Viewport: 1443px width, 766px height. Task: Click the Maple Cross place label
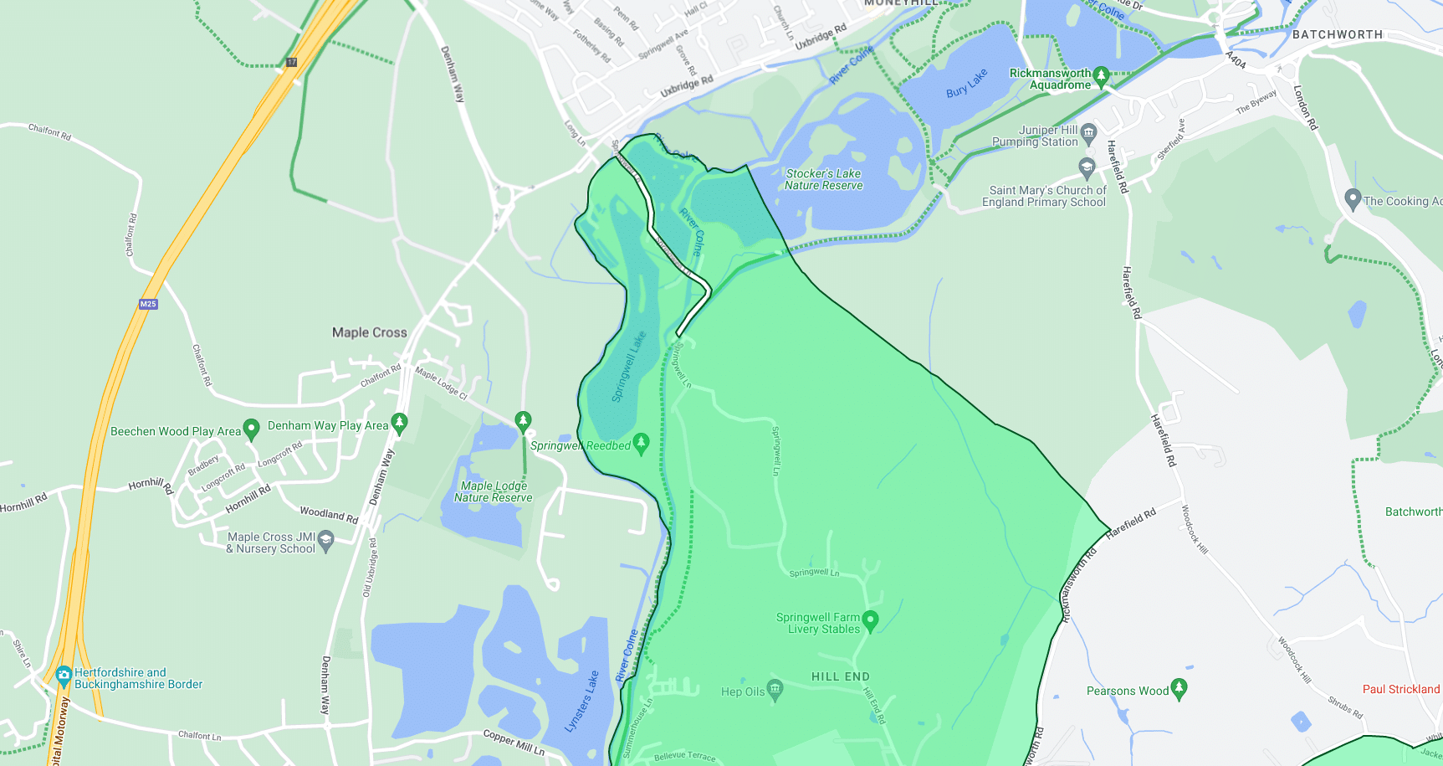tap(369, 332)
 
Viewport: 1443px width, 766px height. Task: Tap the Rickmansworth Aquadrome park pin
tap(1101, 76)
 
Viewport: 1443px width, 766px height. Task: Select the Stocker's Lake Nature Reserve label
tap(823, 179)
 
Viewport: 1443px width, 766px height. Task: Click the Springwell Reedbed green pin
tap(642, 443)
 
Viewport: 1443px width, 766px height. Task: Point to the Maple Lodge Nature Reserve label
tap(494, 491)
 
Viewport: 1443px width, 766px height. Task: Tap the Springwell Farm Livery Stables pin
tap(870, 619)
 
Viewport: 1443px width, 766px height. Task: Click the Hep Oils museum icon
tap(775, 690)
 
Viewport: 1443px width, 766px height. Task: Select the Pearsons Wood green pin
tap(1179, 688)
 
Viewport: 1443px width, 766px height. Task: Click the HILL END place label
tap(840, 676)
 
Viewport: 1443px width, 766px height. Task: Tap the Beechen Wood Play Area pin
tap(251, 430)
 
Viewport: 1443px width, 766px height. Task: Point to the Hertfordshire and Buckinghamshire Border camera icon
tap(64, 676)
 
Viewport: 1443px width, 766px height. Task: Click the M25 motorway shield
tap(148, 304)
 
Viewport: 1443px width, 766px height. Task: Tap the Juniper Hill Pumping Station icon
tap(1088, 131)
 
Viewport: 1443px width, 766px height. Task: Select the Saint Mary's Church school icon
tap(1087, 167)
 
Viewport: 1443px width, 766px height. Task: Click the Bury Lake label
tap(966, 84)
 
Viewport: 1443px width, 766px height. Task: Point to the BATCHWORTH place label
tap(1337, 34)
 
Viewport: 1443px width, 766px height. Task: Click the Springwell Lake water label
tap(629, 367)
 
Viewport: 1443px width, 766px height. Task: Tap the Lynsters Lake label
tap(582, 702)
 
